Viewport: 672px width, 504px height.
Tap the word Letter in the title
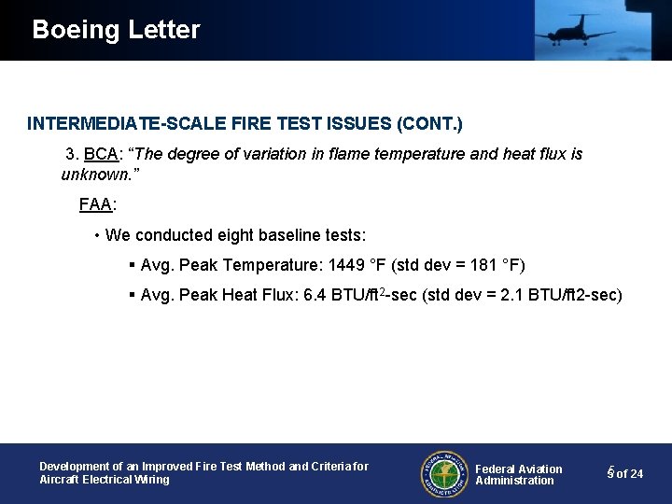click(163, 30)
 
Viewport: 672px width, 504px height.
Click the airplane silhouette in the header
click(574, 31)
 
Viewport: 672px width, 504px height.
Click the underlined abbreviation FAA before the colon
click(95, 203)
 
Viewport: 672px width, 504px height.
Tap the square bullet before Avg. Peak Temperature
click(132, 266)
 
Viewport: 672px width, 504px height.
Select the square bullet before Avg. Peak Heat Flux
click(132, 296)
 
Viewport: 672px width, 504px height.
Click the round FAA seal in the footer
click(442, 473)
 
